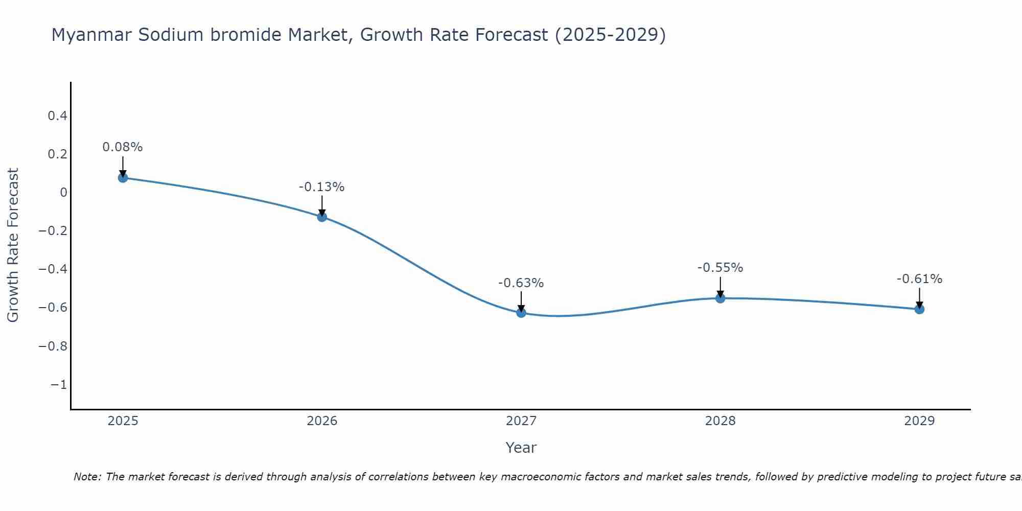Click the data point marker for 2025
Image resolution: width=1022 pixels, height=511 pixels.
point(123,177)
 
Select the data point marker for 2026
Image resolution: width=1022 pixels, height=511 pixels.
point(322,217)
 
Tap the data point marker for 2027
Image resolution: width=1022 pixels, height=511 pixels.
point(521,312)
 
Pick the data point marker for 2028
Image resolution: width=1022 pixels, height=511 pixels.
point(720,298)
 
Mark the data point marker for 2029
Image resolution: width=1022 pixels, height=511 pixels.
point(919,309)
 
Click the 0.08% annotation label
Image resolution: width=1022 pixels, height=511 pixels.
point(123,147)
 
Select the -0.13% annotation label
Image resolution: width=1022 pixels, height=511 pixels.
point(322,187)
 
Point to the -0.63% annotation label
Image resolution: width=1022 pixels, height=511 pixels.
point(521,283)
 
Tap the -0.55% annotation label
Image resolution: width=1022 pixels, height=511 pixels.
point(720,268)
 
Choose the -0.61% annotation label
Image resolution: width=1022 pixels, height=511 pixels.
point(919,279)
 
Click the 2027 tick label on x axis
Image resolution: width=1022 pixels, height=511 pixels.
point(521,421)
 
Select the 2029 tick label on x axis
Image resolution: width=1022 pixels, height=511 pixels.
point(919,421)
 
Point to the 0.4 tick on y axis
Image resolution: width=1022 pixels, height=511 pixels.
point(58,116)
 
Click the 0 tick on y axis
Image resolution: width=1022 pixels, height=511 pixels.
point(63,193)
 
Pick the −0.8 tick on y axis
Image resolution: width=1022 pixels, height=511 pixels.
point(53,346)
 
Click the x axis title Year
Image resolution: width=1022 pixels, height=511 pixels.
point(521,448)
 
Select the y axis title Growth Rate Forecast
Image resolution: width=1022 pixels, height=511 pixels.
point(13,245)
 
